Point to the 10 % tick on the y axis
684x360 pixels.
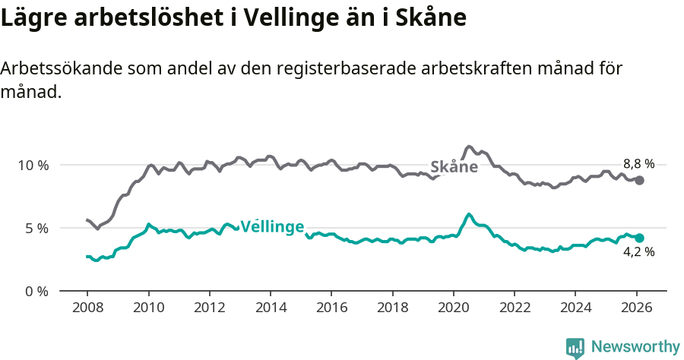[33, 165]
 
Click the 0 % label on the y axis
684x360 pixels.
[36, 291]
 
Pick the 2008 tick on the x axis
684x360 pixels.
[87, 308]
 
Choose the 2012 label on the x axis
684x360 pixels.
[209, 308]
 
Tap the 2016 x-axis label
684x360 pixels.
[331, 308]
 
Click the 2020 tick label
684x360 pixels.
[453, 308]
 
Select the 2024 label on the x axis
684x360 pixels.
[575, 308]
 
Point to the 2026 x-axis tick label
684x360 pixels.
[636, 308]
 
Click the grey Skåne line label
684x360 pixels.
[454, 167]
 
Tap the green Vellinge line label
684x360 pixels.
[272, 226]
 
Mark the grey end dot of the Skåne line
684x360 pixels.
[640, 180]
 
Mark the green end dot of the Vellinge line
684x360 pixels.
[640, 238]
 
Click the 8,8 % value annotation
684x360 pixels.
[638, 163]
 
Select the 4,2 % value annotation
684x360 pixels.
[638, 252]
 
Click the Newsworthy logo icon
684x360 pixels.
[575, 348]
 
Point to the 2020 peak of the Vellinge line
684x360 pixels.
[469, 214]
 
